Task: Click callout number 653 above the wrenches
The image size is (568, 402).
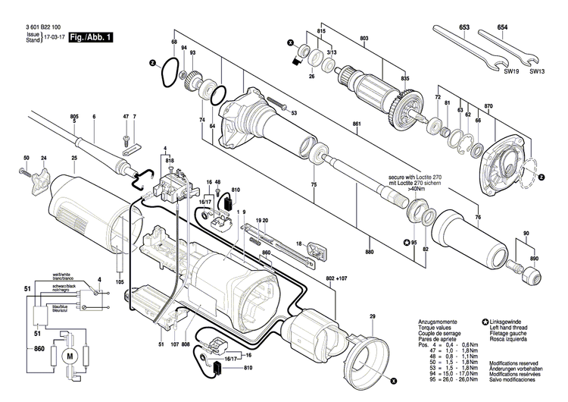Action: (464, 27)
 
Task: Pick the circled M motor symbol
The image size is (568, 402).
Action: (71, 355)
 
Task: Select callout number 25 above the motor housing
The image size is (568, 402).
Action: (74, 158)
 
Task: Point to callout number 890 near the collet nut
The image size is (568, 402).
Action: (535, 259)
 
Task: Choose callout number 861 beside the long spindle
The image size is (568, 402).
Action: (356, 124)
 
